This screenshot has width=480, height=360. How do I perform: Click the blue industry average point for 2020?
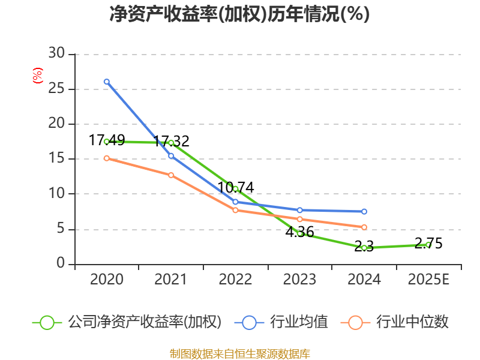[x=107, y=82]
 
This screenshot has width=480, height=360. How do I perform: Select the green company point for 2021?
[x=171, y=143]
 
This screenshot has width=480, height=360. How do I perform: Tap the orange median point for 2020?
[x=107, y=158]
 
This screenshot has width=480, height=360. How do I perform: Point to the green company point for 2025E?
[x=428, y=245]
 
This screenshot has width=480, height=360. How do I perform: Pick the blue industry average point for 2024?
[x=364, y=212]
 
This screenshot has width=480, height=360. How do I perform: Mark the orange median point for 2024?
[x=364, y=227]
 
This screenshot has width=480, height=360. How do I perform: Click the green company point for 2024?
[x=364, y=248]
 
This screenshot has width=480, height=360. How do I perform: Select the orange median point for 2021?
[x=171, y=175]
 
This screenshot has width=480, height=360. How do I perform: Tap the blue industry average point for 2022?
[x=235, y=202]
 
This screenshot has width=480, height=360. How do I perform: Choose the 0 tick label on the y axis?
[x=61, y=264]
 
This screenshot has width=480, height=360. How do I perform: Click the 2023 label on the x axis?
[x=299, y=280]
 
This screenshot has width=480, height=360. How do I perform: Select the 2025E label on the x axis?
[x=428, y=280]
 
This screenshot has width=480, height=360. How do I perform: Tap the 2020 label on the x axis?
[x=107, y=280]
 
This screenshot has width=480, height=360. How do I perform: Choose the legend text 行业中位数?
[x=412, y=322]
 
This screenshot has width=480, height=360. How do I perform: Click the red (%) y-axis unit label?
[x=37, y=76]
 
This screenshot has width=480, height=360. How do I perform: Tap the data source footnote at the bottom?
[x=240, y=353]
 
